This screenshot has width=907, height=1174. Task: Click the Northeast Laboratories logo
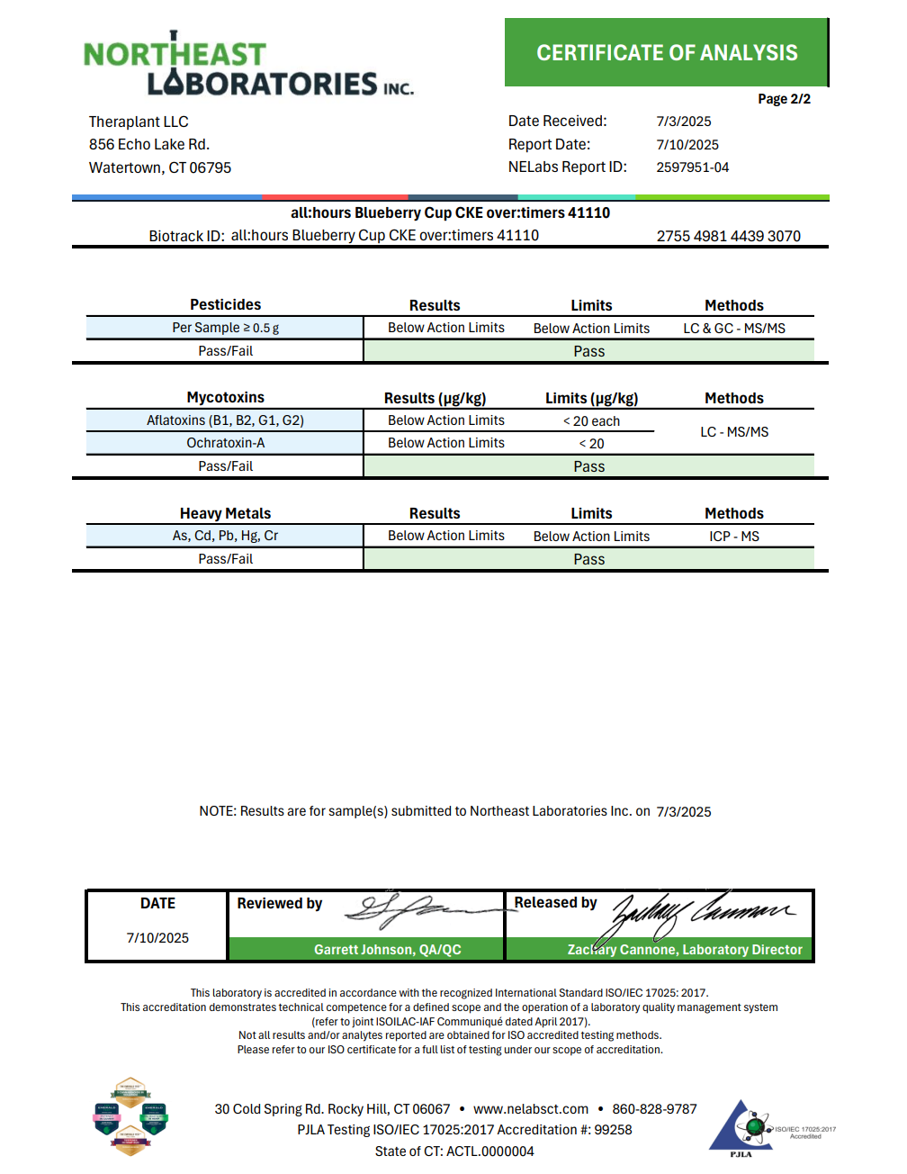coord(247,65)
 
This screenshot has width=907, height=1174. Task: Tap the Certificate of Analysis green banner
coord(666,53)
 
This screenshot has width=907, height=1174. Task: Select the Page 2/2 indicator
coord(784,99)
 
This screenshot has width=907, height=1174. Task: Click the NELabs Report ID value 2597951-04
coord(692,167)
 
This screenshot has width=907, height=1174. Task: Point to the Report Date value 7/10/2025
coord(687,145)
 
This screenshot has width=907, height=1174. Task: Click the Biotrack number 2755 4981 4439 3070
coord(728,236)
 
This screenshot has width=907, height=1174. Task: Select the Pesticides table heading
coord(225,305)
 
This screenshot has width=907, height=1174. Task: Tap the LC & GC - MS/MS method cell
coord(733,329)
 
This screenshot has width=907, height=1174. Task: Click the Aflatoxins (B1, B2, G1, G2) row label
coord(225,420)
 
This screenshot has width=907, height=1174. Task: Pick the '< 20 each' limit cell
coord(591,421)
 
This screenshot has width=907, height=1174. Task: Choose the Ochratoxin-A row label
coord(225,443)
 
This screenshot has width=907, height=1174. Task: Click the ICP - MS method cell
coord(733,537)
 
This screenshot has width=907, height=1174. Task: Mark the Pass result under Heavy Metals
coord(588,559)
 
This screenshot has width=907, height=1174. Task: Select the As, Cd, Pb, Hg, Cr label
coord(225,536)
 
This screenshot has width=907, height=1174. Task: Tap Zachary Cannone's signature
coord(702,911)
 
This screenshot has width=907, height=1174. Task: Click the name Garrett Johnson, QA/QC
coord(387,950)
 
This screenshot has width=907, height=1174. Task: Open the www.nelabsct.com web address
coord(530,1109)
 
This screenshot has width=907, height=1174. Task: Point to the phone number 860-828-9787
coord(654,1109)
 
